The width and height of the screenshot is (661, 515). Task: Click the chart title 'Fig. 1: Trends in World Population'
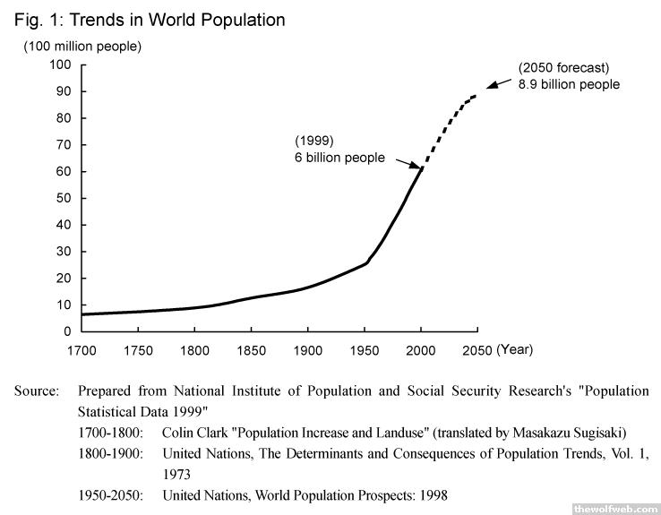pos(150,19)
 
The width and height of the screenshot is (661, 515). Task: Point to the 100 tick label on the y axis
pos(61,64)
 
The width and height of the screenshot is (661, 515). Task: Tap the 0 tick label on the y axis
pos(68,331)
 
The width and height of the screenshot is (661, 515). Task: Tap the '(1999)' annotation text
pos(313,141)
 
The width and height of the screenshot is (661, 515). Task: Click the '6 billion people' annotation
pos(339,158)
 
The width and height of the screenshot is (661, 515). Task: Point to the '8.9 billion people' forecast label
pos(569,83)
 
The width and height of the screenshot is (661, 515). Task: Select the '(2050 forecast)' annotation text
pos(563,67)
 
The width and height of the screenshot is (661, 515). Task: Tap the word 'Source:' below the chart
pos(37,391)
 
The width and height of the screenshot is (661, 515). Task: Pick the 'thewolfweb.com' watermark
pos(614,506)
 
